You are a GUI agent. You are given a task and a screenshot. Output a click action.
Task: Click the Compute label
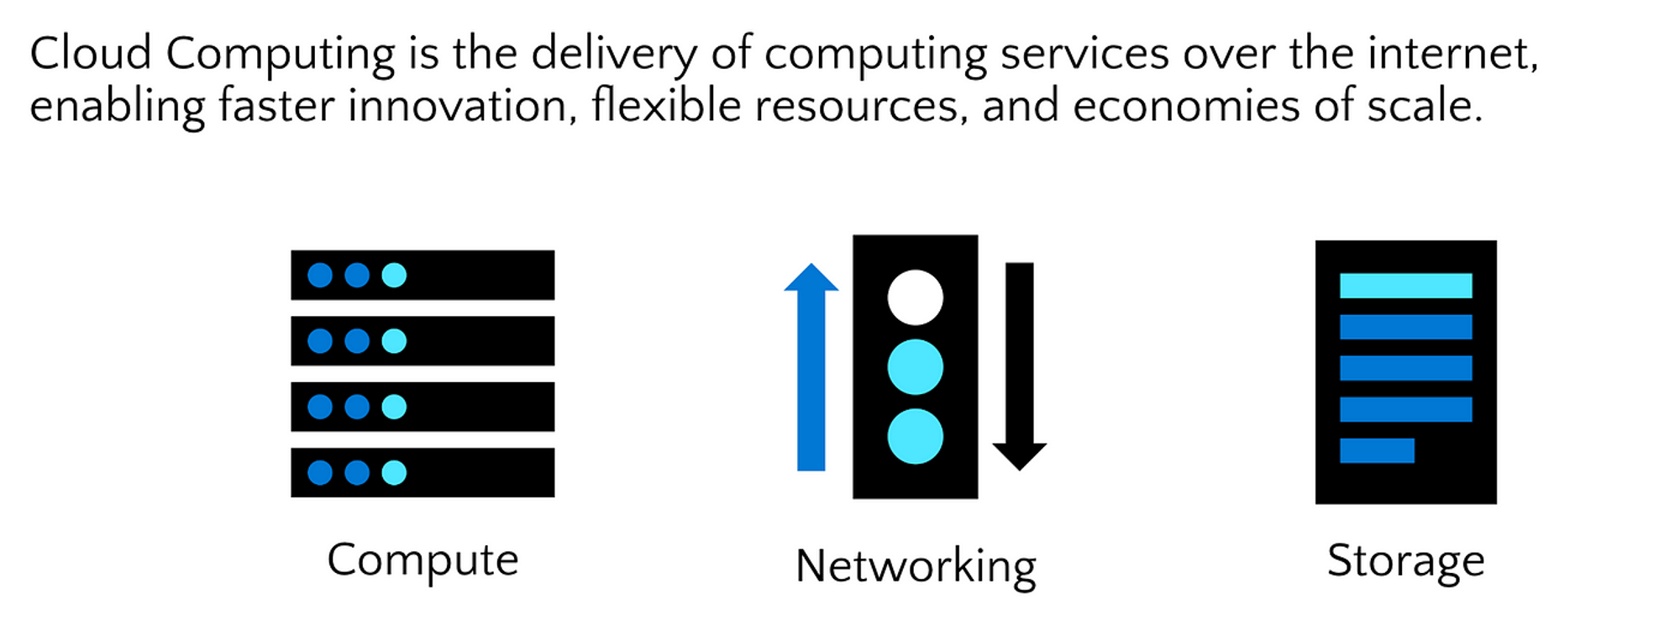[423, 561]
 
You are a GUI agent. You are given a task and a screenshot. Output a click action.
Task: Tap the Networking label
[916, 567]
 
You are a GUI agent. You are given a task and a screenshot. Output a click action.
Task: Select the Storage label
[1405, 561]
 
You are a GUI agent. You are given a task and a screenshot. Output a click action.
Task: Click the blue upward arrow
[811, 367]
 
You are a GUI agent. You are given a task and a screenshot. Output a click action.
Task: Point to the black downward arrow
[1020, 367]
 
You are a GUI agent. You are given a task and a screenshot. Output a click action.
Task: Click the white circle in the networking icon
[916, 297]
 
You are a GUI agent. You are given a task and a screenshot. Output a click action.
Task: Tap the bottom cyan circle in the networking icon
[916, 437]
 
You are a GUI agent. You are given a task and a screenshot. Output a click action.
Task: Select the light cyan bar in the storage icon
[1406, 286]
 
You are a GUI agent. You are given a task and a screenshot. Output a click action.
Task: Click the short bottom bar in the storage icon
[1377, 450]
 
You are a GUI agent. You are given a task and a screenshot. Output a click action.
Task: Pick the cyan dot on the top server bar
[394, 275]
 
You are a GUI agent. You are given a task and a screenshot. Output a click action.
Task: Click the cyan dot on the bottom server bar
[394, 473]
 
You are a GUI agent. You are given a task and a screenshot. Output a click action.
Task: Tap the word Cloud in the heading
[91, 54]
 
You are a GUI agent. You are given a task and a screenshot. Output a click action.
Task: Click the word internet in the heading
[1452, 54]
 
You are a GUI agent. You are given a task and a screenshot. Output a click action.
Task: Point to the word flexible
[666, 106]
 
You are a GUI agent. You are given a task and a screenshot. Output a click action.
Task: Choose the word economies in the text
[1187, 107]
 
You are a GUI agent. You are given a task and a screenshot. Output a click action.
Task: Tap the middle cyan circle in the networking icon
[916, 367]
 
